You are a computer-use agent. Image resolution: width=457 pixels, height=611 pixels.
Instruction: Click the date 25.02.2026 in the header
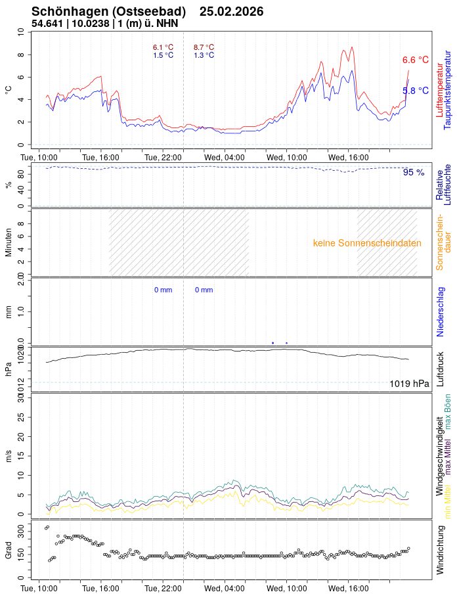point(231,12)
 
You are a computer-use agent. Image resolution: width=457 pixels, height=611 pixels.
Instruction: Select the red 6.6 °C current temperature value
point(415,60)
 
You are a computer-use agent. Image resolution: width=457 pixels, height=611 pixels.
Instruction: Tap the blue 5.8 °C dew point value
point(415,91)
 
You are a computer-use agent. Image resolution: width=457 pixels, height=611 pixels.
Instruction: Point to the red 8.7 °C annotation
point(204,47)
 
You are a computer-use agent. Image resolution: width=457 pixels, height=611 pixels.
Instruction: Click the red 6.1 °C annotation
point(163,47)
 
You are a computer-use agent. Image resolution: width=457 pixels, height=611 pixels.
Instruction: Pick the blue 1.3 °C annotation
point(204,55)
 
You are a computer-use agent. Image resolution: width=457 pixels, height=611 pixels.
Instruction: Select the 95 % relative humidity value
point(414,173)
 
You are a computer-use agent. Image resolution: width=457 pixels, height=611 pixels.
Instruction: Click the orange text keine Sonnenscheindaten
point(367,243)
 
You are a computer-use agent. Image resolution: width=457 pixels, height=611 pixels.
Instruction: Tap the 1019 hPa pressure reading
point(409,384)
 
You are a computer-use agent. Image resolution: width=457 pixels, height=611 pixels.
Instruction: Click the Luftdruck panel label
point(440,369)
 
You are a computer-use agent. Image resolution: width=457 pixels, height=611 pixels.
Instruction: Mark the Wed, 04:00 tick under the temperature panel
point(225,158)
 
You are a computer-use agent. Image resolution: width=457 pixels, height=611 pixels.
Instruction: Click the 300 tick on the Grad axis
point(19,528)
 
